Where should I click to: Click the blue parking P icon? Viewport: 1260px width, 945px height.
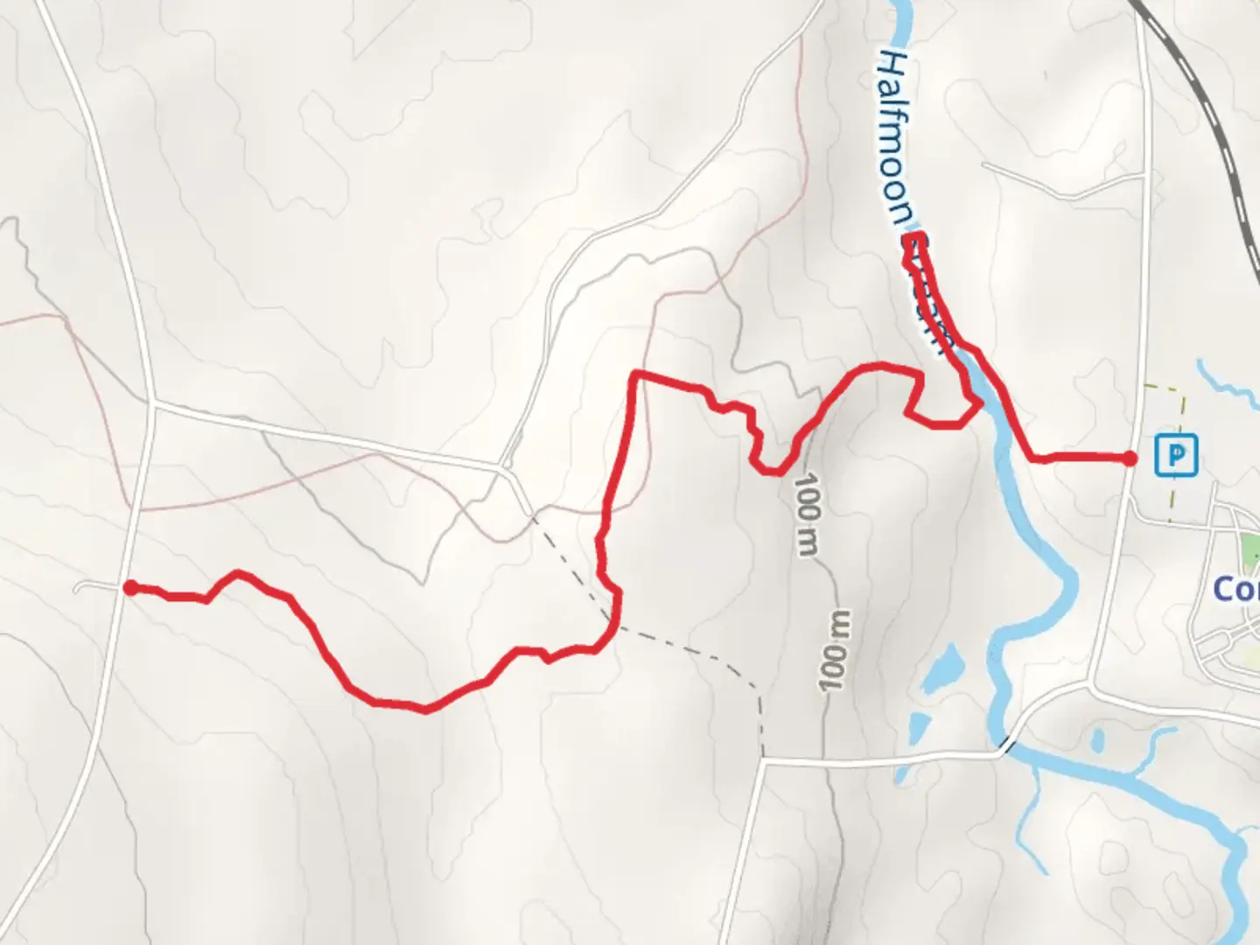click(x=1177, y=455)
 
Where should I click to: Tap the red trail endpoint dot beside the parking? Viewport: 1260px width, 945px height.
click(x=1130, y=458)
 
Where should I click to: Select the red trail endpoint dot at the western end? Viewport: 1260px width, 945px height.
click(x=130, y=588)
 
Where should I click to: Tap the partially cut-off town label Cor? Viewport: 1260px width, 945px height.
click(x=1235, y=589)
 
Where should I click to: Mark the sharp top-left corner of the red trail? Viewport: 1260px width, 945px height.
click(x=636, y=374)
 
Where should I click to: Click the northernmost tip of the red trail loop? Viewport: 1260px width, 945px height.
click(x=913, y=238)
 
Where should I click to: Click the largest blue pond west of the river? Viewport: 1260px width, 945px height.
click(x=939, y=669)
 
